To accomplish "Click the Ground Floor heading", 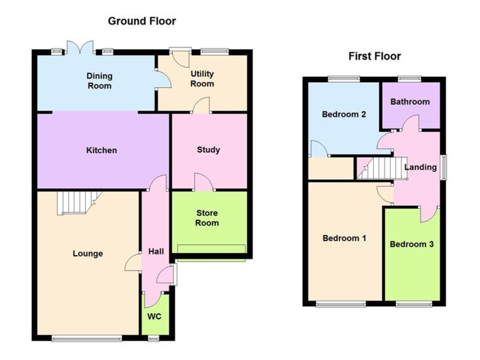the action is click(x=142, y=21).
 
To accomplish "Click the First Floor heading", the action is click(x=374, y=56).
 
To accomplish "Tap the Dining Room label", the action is click(x=100, y=81).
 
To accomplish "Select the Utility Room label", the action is click(x=202, y=79).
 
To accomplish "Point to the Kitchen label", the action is click(x=102, y=150).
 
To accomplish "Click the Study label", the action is click(x=208, y=150).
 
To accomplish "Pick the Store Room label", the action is click(x=207, y=218).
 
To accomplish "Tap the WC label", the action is click(x=154, y=316).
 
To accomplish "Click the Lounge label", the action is click(x=88, y=254).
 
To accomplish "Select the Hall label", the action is click(x=156, y=251).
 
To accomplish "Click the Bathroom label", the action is click(x=410, y=102).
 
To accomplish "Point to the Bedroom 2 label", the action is click(x=344, y=114).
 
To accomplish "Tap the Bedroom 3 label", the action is click(x=412, y=244).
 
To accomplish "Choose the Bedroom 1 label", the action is click(x=344, y=238).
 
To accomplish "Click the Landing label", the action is click(x=420, y=167).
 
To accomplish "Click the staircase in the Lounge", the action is click(x=79, y=203).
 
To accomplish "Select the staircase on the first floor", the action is click(x=382, y=168).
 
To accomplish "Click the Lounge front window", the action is click(x=87, y=339).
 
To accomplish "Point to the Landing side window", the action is click(x=443, y=168).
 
